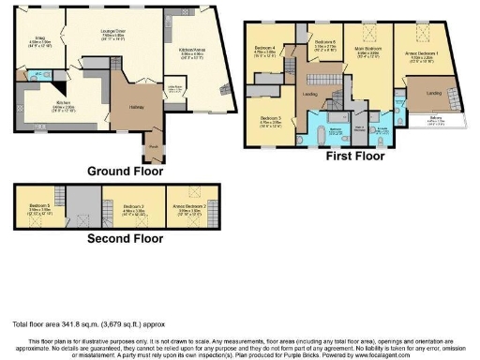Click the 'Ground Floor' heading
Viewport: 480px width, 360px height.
point(125,171)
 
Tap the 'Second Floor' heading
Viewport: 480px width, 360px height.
point(125,238)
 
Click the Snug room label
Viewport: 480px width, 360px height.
point(40,39)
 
